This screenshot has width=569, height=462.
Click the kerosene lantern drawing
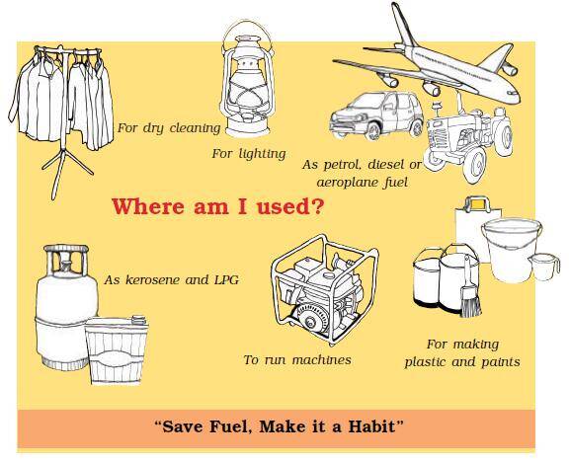(x=248, y=82)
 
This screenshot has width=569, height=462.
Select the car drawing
(x=376, y=115)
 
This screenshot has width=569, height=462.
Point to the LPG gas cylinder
(x=65, y=306)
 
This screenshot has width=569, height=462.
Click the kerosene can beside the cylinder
(x=117, y=349)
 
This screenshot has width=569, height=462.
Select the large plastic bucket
(x=511, y=250)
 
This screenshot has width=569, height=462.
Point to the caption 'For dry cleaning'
(x=169, y=128)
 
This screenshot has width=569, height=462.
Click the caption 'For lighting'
(x=249, y=154)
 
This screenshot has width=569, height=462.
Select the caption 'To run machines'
(x=297, y=359)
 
